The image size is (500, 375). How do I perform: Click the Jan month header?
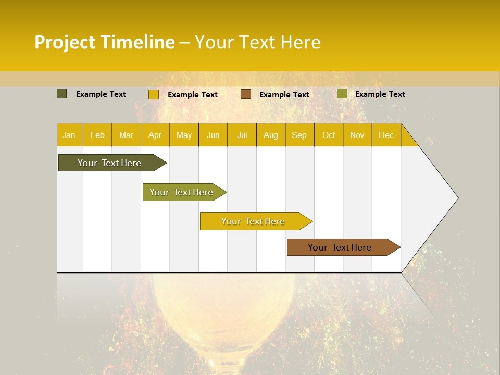coord(69,135)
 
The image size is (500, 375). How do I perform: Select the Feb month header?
coord(97,135)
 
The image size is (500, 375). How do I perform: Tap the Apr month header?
coord(155,135)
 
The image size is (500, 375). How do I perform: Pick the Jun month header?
coord(213,135)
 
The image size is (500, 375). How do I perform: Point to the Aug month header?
coord(270,135)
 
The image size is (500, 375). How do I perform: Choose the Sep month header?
coord(299,135)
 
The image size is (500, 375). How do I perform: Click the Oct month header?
coord(329,135)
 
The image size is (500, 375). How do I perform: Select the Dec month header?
coord(386,135)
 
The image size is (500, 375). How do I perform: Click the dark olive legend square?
coord(61,94)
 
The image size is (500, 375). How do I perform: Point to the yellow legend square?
coord(154,94)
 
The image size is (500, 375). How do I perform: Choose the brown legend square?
coord(246,94)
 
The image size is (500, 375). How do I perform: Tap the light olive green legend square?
coord(342,94)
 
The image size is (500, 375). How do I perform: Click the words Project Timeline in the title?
coord(104,42)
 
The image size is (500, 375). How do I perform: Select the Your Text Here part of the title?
coord(257,42)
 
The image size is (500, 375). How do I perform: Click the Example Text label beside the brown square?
coord(284,95)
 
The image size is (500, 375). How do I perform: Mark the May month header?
coord(184,135)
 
